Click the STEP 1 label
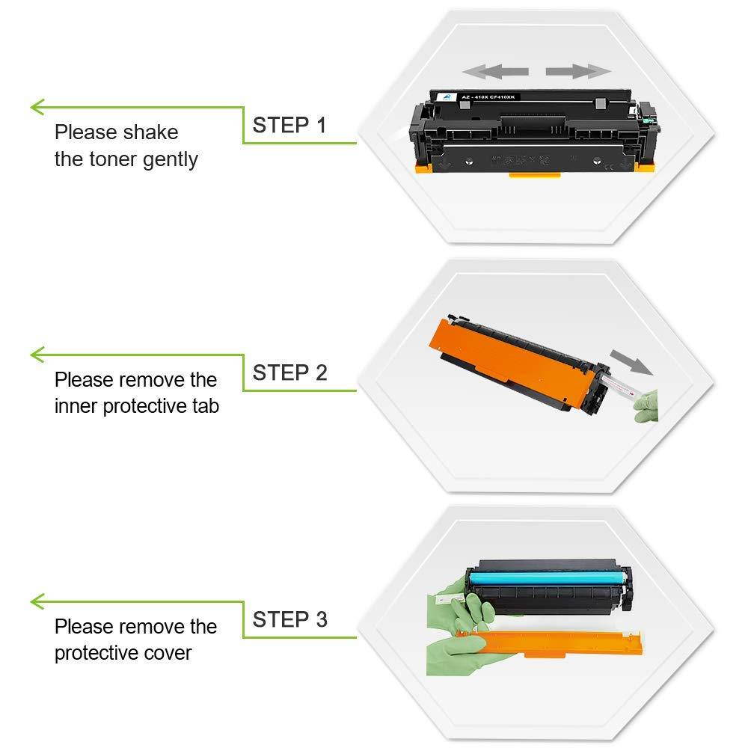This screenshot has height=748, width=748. tap(289, 125)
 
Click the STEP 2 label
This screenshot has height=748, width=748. tap(289, 372)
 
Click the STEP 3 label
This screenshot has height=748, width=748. tap(289, 619)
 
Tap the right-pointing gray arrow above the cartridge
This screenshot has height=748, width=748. tap(577, 72)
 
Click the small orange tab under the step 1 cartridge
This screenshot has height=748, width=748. tap(535, 175)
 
